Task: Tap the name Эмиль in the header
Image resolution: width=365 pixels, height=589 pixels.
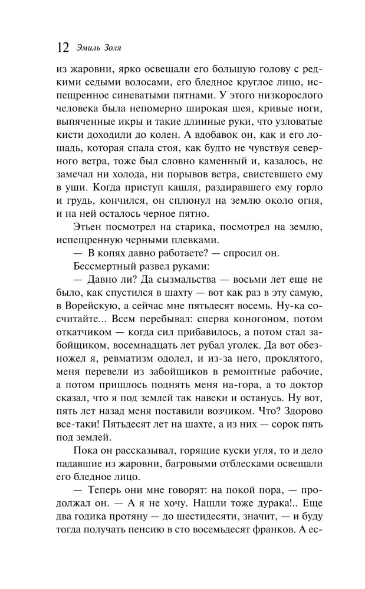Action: tap(90, 47)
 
